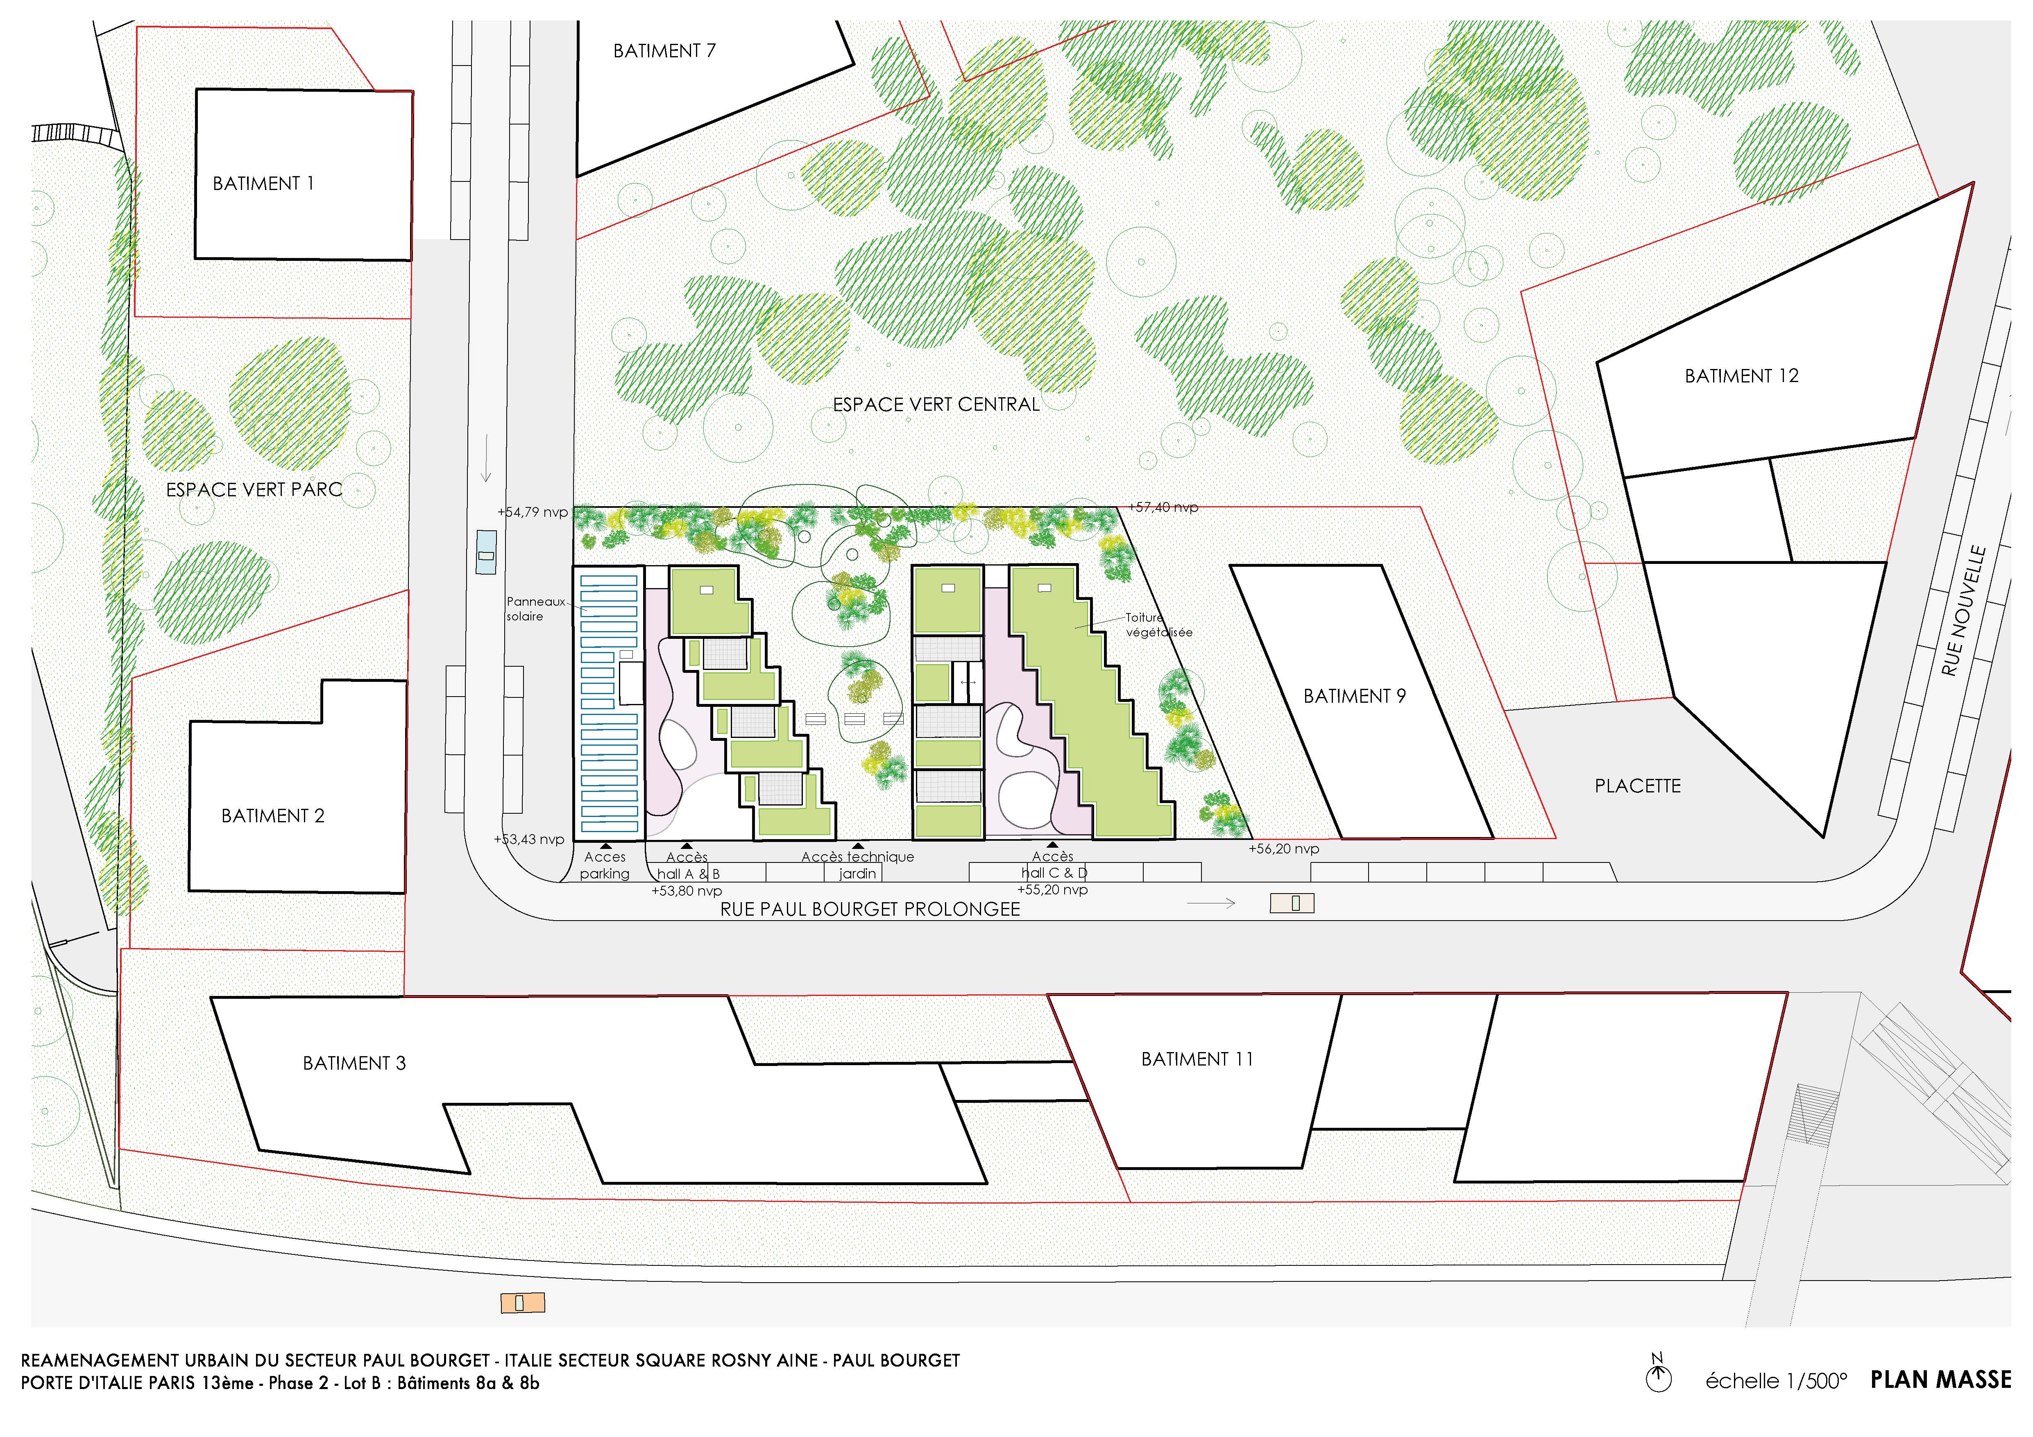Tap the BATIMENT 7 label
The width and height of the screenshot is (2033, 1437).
(x=664, y=50)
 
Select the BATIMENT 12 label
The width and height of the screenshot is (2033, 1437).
(x=1742, y=376)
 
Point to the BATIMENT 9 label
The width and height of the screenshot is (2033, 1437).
(x=1355, y=696)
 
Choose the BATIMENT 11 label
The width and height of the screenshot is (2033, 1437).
(x=1197, y=1059)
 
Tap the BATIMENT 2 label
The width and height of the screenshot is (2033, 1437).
(x=273, y=815)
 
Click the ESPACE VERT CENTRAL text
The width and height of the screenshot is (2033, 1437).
(x=936, y=405)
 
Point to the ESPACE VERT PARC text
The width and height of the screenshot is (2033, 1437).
(x=254, y=490)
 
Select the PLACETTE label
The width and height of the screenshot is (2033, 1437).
(x=1637, y=785)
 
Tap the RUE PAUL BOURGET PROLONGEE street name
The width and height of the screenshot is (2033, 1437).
(x=870, y=909)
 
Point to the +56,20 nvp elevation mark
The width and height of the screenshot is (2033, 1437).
(x=1284, y=848)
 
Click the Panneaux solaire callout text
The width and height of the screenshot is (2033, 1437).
(x=536, y=609)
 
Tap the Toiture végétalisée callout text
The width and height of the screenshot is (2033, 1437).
(x=1159, y=625)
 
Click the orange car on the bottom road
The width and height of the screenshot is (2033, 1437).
(x=522, y=1302)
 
